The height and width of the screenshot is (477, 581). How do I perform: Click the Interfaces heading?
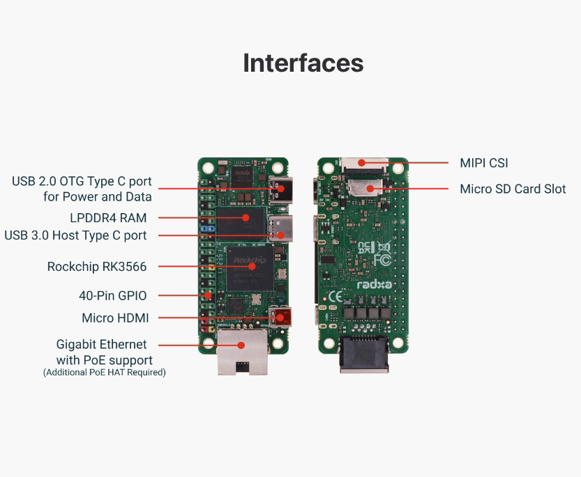303,63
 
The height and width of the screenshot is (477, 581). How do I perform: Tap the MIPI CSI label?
484,163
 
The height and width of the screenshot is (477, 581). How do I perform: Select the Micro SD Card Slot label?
513,189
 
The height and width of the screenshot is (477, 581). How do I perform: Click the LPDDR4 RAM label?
108,217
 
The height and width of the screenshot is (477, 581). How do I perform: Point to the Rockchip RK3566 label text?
97,267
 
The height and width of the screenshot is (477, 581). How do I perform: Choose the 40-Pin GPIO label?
113,296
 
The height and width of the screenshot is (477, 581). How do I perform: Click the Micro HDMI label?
115,318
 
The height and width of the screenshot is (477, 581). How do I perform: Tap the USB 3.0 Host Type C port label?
75,235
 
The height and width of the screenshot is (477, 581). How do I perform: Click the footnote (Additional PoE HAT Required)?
105,373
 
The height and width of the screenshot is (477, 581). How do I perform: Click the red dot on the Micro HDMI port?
280,318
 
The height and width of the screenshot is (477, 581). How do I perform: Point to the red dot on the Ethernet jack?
241,345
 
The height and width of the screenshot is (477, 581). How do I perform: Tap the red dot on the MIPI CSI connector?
361,162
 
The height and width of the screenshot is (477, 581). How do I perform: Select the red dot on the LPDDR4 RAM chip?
246,217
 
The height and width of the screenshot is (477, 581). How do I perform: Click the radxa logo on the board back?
375,285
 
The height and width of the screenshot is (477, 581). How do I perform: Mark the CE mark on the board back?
335,297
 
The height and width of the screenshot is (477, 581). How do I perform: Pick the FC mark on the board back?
382,260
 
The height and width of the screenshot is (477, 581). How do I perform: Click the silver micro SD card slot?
365,187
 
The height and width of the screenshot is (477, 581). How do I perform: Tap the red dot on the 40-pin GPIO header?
209,295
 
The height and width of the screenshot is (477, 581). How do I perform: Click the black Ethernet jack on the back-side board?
364,354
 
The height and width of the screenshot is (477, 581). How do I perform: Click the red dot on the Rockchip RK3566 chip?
252,266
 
